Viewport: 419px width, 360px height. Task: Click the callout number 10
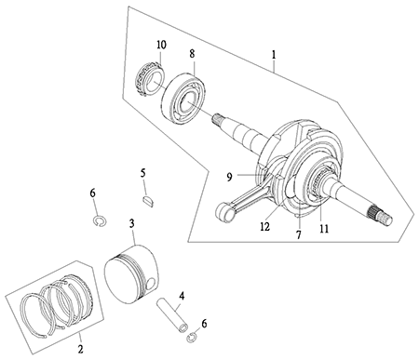(x=161, y=45)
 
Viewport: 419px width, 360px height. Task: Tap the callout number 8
(x=193, y=54)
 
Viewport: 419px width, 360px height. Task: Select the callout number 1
(x=274, y=55)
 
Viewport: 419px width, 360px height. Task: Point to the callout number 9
(x=229, y=178)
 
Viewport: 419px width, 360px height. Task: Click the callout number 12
(x=265, y=227)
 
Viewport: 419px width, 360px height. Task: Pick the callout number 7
(x=299, y=234)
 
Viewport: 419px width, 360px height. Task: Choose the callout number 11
(x=324, y=229)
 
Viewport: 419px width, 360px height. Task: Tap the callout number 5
(x=142, y=173)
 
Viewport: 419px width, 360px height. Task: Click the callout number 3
(x=132, y=223)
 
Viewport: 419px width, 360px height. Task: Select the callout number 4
(x=182, y=296)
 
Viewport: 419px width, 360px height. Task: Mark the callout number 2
(x=80, y=349)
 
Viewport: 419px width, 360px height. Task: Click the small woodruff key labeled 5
(x=148, y=201)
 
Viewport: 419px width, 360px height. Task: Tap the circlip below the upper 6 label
(x=100, y=220)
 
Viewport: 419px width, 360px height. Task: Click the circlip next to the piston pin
(x=194, y=338)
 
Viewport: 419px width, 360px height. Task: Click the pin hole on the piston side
(x=151, y=283)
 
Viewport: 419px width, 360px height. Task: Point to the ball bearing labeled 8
(x=182, y=99)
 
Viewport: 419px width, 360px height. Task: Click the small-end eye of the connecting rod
(x=225, y=212)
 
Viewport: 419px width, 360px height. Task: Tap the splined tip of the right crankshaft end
(x=381, y=216)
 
